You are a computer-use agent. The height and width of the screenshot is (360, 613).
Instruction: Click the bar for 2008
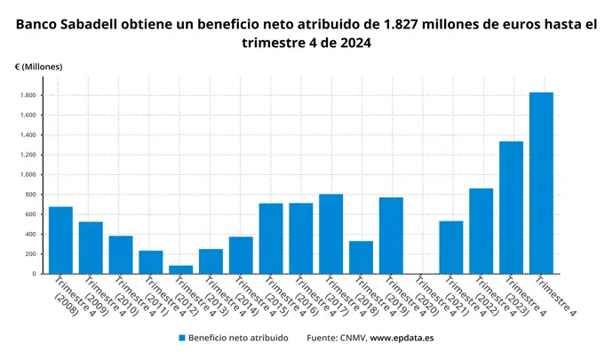(x=60, y=240)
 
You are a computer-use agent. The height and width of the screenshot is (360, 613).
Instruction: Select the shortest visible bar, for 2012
(x=180, y=269)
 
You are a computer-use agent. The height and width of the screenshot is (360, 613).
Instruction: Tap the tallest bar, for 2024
(x=541, y=183)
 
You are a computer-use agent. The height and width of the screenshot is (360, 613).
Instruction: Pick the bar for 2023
(x=511, y=207)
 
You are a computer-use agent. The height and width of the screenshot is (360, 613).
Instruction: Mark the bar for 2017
(x=330, y=234)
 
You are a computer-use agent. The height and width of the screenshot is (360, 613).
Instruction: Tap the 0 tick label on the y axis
(x=33, y=274)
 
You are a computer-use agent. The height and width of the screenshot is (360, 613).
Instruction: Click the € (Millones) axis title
(x=38, y=67)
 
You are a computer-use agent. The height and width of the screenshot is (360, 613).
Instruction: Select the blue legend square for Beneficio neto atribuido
(x=181, y=338)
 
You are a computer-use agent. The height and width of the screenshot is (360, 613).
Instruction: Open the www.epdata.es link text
(x=402, y=338)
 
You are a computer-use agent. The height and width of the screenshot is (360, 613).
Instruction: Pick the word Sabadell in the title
(x=101, y=23)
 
